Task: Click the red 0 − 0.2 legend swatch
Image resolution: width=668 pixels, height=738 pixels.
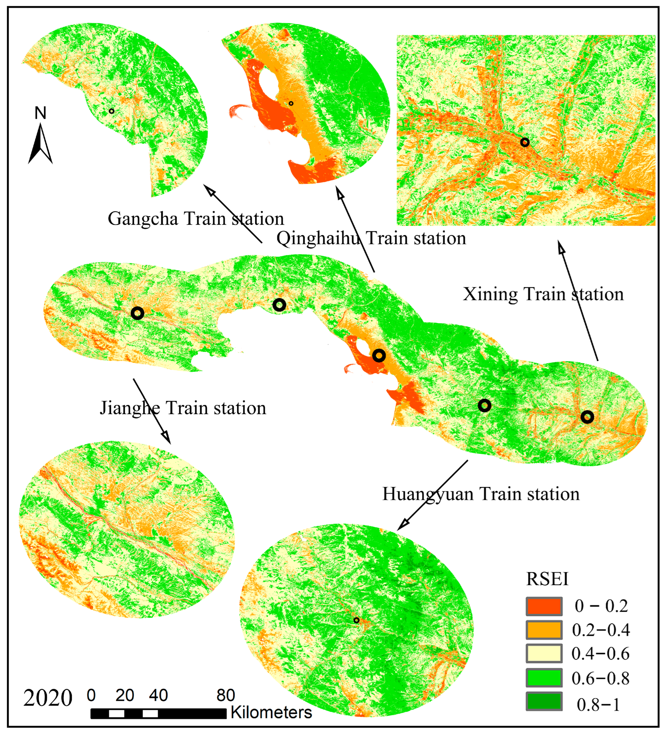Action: click(544, 607)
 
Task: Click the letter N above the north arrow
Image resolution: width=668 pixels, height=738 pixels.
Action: click(40, 113)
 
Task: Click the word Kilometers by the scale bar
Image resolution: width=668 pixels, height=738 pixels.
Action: click(271, 713)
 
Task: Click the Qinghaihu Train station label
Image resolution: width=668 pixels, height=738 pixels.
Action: click(371, 238)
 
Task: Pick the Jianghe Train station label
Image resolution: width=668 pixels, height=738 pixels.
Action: click(183, 408)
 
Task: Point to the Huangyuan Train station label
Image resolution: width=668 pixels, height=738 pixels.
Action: click(481, 494)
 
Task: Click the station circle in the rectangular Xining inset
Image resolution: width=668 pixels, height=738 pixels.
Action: click(525, 142)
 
